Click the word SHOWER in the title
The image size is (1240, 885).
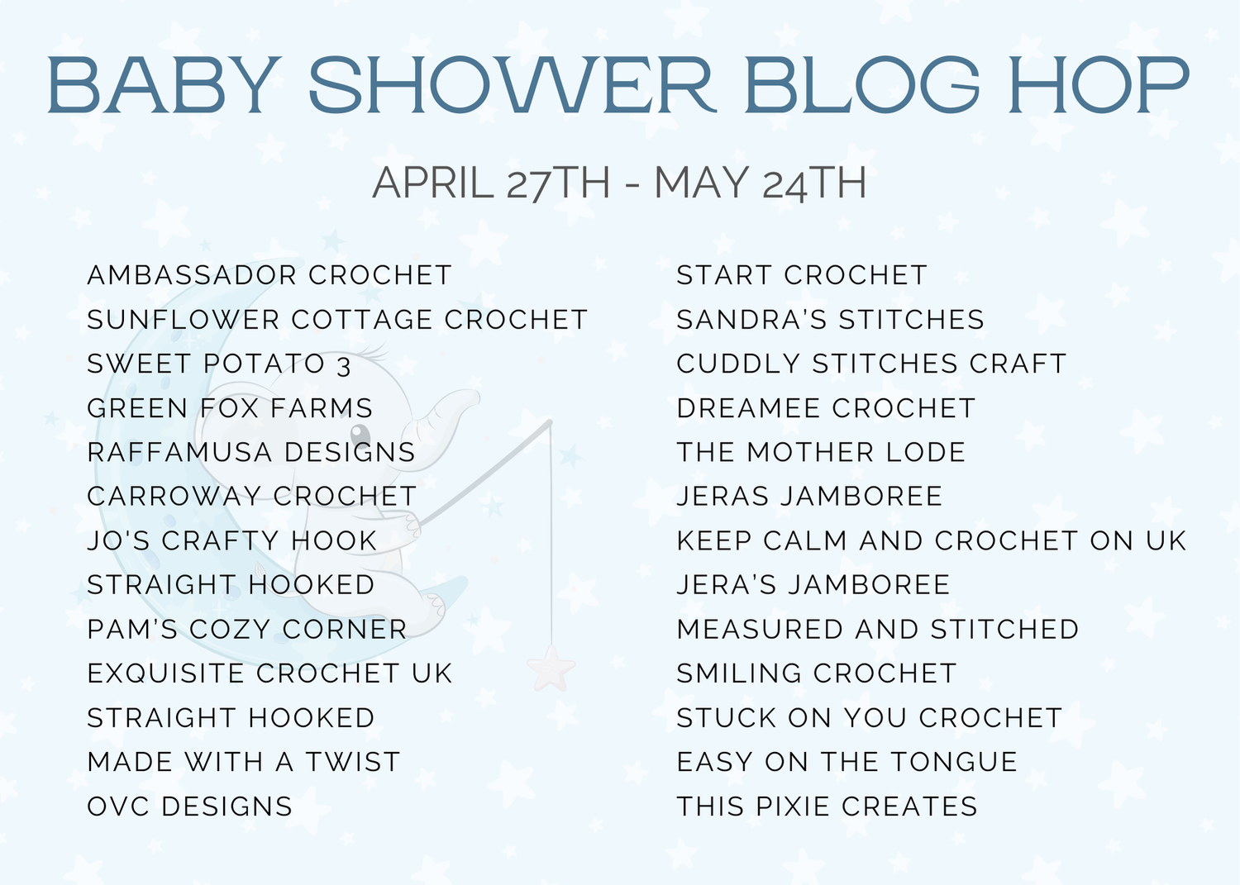512,84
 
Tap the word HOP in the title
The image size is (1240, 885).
1099,84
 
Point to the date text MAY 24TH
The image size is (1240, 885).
760,183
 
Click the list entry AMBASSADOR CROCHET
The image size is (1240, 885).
269,275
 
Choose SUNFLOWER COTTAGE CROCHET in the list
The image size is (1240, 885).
337,319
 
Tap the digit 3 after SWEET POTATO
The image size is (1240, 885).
344,366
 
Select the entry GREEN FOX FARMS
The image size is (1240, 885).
230,408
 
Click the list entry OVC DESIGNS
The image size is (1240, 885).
189,806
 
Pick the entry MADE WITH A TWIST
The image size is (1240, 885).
244,762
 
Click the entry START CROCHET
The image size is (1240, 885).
802,275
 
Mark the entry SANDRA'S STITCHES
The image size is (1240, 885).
830,319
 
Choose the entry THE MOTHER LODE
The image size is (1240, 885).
821,452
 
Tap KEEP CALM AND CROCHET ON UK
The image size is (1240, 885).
932,540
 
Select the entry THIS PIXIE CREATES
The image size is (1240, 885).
827,806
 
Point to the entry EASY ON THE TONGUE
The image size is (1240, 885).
847,762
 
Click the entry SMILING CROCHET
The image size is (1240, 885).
817,673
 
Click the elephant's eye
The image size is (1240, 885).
360,432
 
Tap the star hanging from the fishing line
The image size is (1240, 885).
551,668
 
